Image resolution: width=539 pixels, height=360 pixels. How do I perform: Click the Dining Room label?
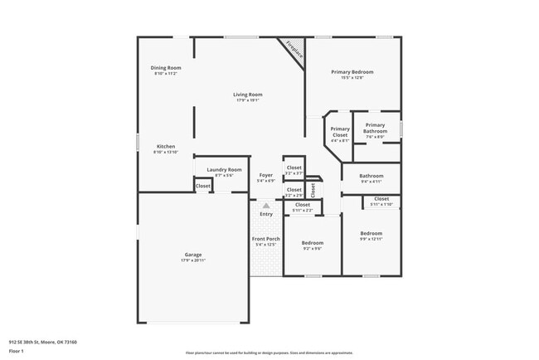tap(165, 68)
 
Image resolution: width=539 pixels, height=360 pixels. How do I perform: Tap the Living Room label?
tap(248, 95)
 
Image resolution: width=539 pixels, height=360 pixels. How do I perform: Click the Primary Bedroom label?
tap(352, 72)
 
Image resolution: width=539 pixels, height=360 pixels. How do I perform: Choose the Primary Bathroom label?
tap(376, 128)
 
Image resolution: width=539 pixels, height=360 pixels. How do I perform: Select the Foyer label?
tap(265, 175)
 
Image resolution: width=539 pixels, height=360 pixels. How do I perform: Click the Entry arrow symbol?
tap(266, 205)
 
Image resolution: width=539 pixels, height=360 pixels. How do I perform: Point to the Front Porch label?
tap(266, 239)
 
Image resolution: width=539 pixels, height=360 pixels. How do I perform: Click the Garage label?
tap(192, 254)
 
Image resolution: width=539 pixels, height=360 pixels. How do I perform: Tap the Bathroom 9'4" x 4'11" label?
tap(371, 176)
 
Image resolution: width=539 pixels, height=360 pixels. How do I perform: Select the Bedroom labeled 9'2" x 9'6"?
tap(312, 243)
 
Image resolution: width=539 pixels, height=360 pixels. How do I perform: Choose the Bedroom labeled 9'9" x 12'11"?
tap(371, 234)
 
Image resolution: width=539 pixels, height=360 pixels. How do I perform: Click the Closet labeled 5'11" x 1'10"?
tap(381, 199)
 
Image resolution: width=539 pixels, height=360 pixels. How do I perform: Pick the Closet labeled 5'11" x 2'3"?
tap(303, 204)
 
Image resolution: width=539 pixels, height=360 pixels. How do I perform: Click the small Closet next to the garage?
tap(203, 186)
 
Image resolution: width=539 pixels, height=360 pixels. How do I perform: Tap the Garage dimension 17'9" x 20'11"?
tap(192, 260)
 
